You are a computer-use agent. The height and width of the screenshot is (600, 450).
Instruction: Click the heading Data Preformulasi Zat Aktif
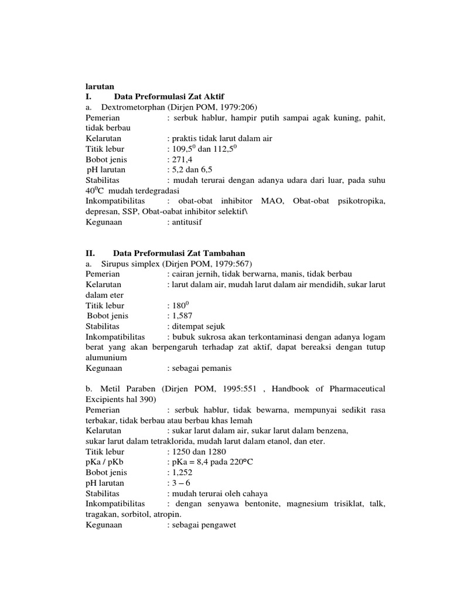169,96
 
